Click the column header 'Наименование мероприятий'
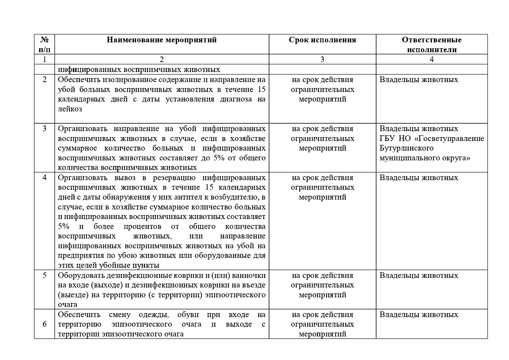pos(162,40)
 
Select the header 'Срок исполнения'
pos(322,40)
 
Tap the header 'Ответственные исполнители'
pos(432,45)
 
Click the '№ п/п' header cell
pos(44,44)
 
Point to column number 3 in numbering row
pos(322,59)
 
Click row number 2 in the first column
pos(44,80)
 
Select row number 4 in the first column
pos(44,178)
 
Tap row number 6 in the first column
pos(44,324)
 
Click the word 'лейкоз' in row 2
pos(70,109)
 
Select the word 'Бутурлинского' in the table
pos(406,148)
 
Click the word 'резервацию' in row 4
pos(174,178)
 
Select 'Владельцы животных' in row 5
pos(419,275)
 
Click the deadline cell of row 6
pos(322,324)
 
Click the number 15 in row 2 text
pos(261,90)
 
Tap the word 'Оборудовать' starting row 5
pos(79,275)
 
